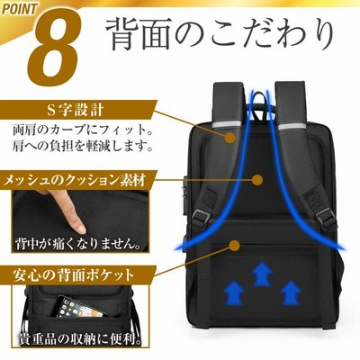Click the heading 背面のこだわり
[x=220, y=35]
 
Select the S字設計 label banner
[x=78, y=111]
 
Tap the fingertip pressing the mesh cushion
[x=78, y=228]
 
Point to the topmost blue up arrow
[x=262, y=274]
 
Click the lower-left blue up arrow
[x=235, y=292]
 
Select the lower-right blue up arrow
[x=291, y=292]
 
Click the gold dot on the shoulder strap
[x=230, y=138]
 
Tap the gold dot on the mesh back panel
[x=257, y=180]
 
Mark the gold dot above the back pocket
[x=234, y=246]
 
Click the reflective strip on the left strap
[x=227, y=126]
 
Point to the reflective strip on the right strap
[x=292, y=126]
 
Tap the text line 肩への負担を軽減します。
[x=82, y=147]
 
